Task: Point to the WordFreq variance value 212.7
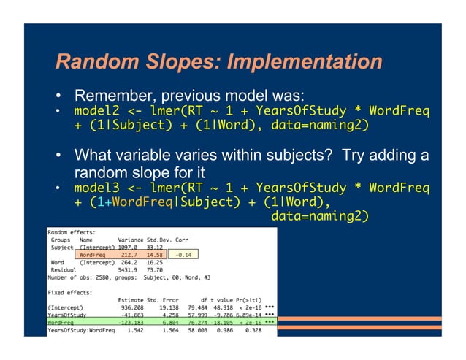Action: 131,254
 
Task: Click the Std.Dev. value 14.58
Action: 154,254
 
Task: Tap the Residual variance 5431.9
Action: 129,269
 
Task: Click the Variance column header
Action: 130,239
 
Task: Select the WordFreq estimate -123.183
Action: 130,322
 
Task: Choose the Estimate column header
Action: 131,299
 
